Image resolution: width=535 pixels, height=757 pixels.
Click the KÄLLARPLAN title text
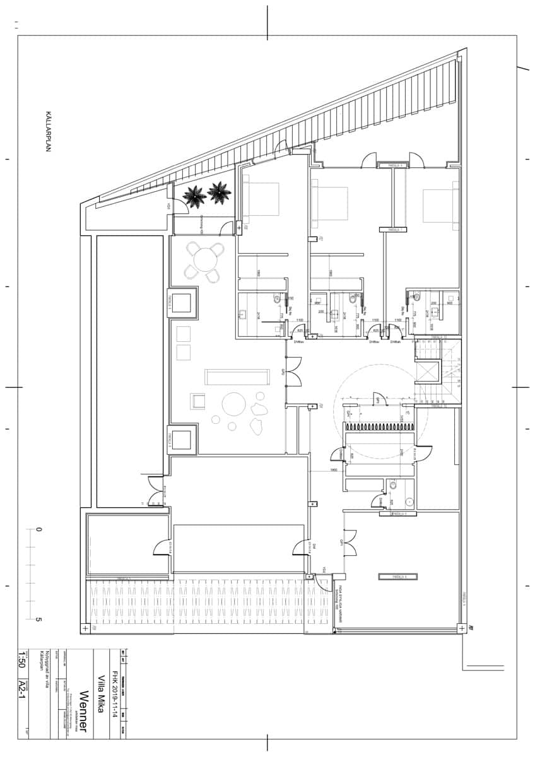tap(47, 132)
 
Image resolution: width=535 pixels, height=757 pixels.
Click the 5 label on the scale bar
tap(38, 619)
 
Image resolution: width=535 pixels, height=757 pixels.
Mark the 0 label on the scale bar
tap(38, 529)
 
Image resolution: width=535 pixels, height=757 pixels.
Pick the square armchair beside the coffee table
tap(198, 401)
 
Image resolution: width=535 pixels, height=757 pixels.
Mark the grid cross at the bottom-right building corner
tap(462, 628)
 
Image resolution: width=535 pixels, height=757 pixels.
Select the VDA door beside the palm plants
tap(169, 206)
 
